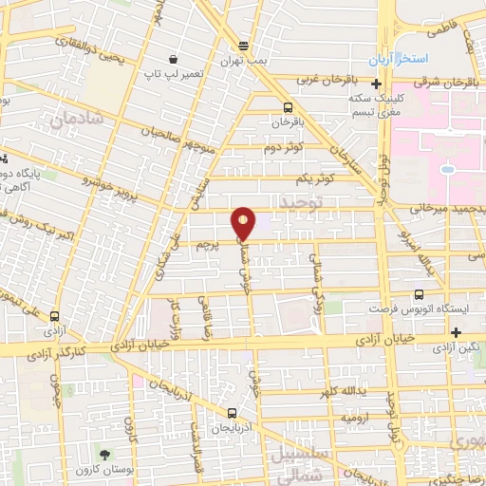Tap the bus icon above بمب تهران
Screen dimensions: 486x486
[x=244, y=46]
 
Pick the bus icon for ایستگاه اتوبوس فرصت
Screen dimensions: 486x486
[x=419, y=296]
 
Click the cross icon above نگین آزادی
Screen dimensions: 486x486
[x=458, y=332]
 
